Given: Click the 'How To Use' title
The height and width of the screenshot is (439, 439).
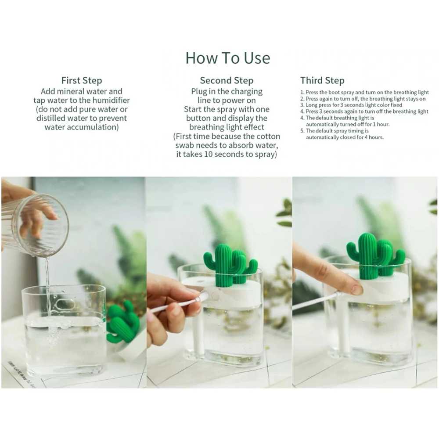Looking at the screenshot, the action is (x=227, y=58).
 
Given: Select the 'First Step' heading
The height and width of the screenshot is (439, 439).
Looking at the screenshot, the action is (x=82, y=81).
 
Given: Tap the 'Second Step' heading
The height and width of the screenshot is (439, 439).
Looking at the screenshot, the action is (x=227, y=81).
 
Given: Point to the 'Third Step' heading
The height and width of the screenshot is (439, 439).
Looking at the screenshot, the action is (x=322, y=81).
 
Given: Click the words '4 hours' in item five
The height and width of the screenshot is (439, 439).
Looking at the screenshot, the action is (x=374, y=137).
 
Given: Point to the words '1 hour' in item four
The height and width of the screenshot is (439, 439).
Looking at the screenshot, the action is (x=381, y=124).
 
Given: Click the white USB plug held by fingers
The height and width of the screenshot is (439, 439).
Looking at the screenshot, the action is (x=203, y=295).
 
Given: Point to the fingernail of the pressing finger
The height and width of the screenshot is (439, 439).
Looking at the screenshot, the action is (x=357, y=289).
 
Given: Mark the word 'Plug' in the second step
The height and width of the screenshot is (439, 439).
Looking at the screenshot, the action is (x=199, y=92).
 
